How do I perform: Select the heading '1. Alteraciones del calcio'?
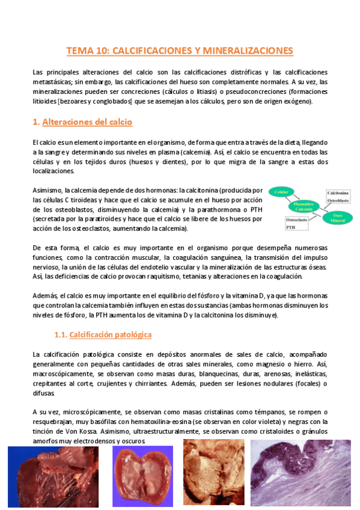tap(82, 121)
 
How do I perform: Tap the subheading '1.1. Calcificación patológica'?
tap(103, 334)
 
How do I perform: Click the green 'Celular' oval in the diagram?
tap(282, 192)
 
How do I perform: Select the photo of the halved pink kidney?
tap(142, 477)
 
